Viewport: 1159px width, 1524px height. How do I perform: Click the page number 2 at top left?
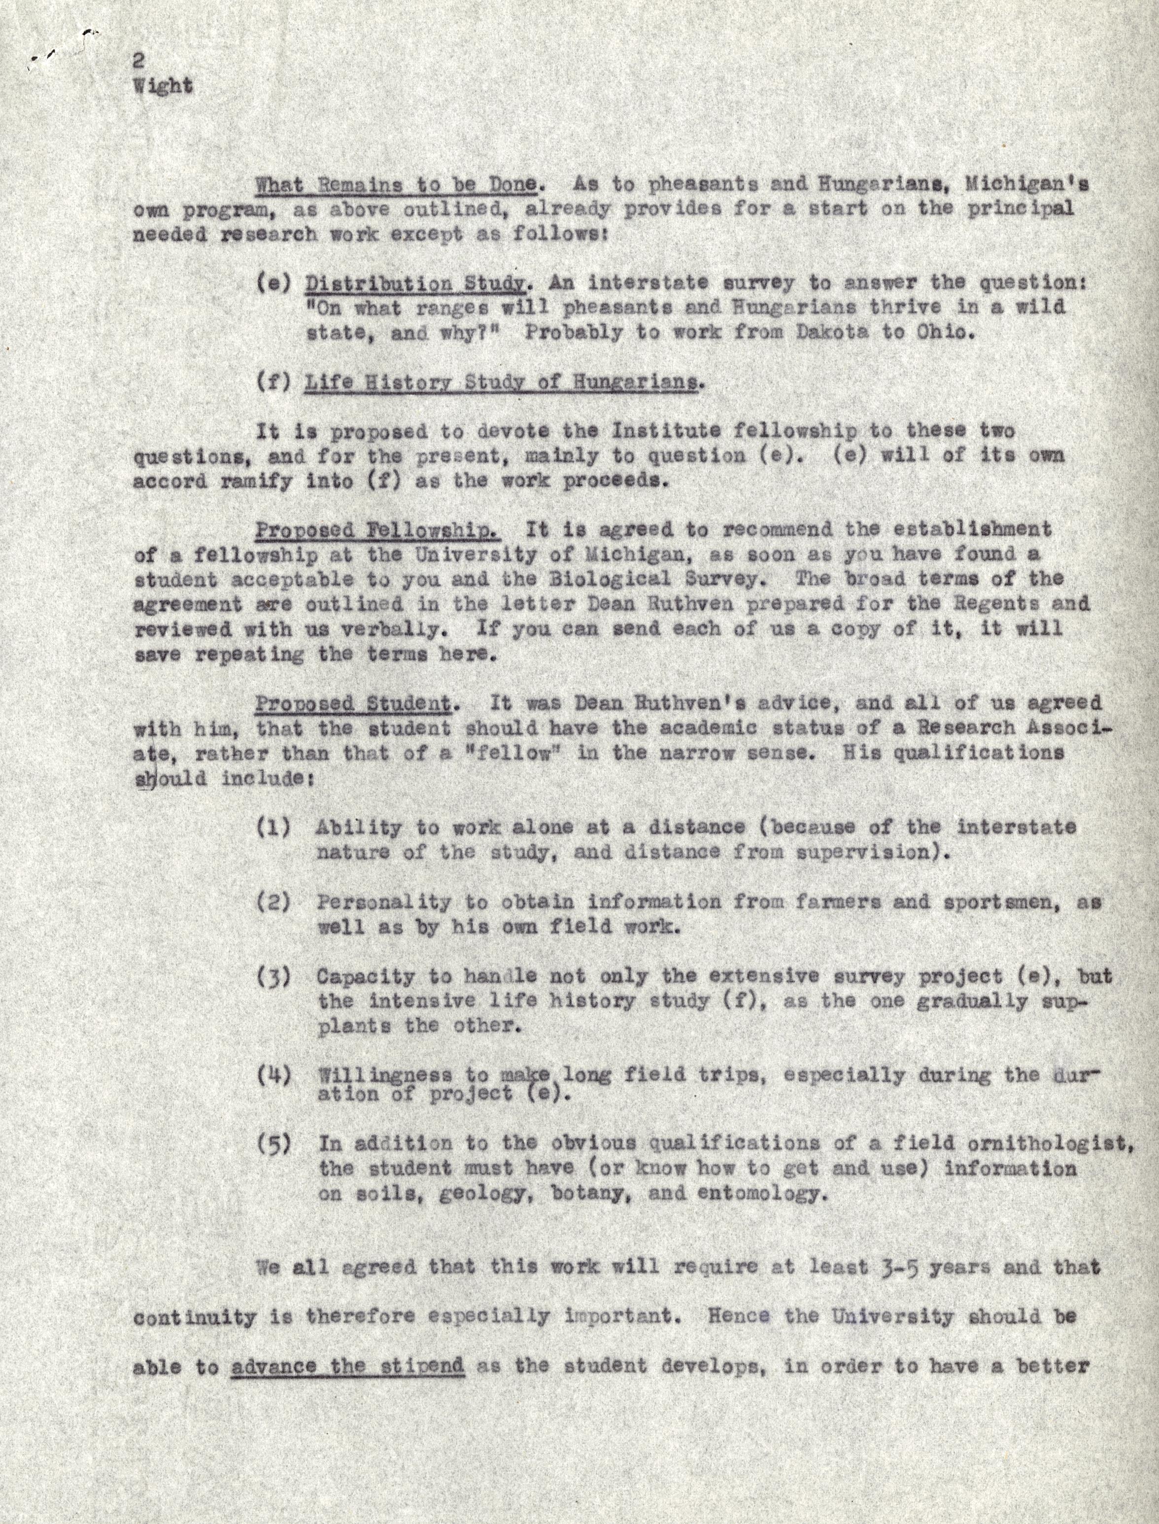[x=138, y=62]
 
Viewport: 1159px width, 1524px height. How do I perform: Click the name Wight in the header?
[x=163, y=86]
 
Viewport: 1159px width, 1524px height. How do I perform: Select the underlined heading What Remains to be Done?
[x=396, y=184]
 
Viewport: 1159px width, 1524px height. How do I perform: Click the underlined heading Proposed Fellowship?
[x=377, y=530]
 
